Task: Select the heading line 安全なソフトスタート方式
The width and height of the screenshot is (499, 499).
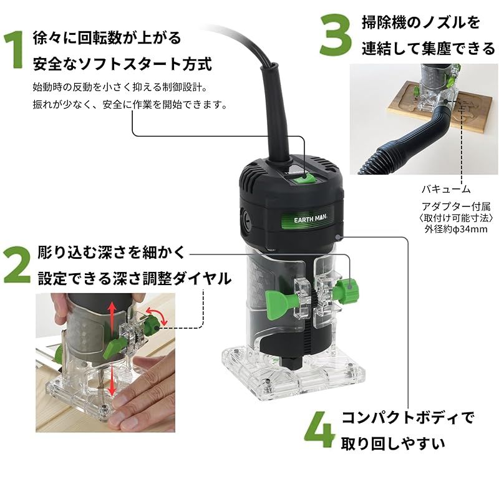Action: pos(122,63)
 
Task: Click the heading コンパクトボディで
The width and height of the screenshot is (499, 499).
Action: pos(407,417)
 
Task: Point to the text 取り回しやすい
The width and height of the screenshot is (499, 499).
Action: pos(393,443)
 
